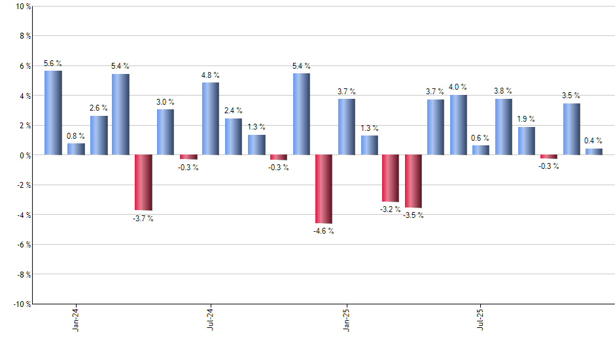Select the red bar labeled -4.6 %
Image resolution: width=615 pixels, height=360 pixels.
click(324, 189)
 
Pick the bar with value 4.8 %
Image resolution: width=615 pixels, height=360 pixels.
click(211, 118)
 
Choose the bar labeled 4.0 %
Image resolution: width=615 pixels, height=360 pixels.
click(459, 125)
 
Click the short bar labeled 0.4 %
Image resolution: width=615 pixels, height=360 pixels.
click(594, 152)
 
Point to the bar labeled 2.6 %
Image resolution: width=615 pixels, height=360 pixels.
click(99, 135)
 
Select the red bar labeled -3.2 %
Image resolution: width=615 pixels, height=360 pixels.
click(391, 178)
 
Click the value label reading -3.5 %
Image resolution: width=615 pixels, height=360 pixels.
click(413, 215)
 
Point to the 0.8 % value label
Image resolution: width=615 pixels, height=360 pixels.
click(76, 136)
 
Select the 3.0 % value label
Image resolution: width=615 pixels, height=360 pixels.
click(166, 102)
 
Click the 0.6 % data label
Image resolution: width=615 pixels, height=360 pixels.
click(481, 138)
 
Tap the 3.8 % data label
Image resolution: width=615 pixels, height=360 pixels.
click(503, 91)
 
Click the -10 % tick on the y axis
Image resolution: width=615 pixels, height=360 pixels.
click(21, 304)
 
